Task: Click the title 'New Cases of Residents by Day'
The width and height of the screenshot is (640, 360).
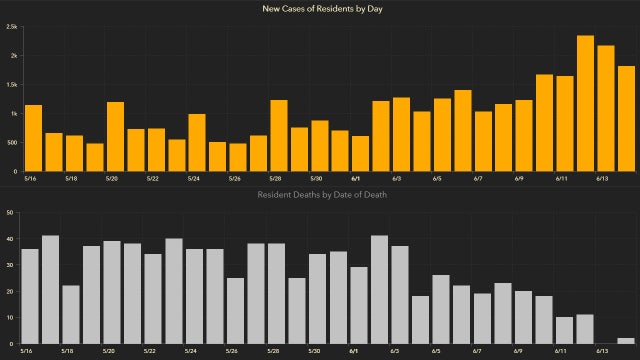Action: [x=320, y=9]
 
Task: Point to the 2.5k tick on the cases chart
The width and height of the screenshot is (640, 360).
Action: [x=10, y=27]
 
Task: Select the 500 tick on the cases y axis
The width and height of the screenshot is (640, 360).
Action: [x=10, y=143]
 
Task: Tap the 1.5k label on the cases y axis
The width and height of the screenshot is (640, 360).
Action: [x=10, y=85]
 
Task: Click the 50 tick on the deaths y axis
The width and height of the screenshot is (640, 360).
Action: [x=10, y=212]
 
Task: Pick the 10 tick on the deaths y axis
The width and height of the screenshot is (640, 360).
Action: [x=10, y=318]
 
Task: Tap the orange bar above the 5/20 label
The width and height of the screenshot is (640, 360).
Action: [x=115, y=136]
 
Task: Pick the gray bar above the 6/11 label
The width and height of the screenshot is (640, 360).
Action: [x=564, y=331]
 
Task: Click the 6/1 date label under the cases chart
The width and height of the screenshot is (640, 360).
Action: [x=355, y=179]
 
